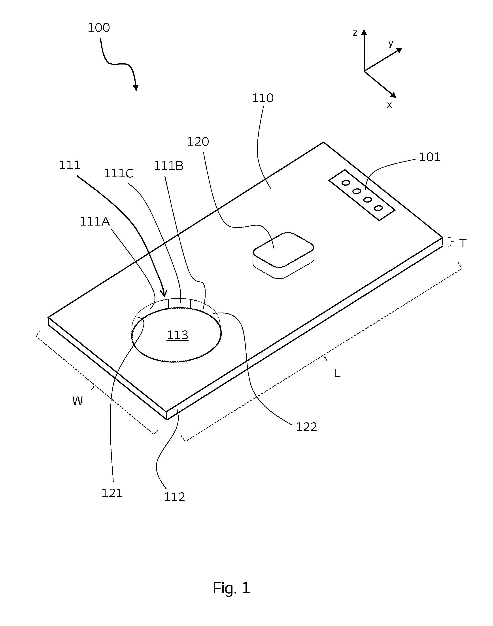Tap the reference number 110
pyautogui.click(x=263, y=99)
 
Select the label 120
pyautogui.click(x=198, y=142)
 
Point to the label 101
pyautogui.click(x=429, y=157)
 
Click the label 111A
pyautogui.click(x=95, y=222)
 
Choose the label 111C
pyautogui.click(x=119, y=174)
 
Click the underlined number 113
pyautogui.click(x=178, y=335)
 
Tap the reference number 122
pyautogui.click(x=306, y=427)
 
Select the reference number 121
pyautogui.click(x=112, y=493)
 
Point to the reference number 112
pyautogui.click(x=174, y=497)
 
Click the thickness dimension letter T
pyautogui.click(x=463, y=243)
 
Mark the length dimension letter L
pyautogui.click(x=337, y=374)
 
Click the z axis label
pyautogui.click(x=355, y=33)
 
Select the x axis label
pyautogui.click(x=389, y=105)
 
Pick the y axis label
pyautogui.click(x=391, y=43)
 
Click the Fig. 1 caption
pyautogui.click(x=232, y=588)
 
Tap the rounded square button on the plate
pyautogui.click(x=283, y=255)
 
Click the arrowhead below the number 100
pyautogui.click(x=136, y=87)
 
